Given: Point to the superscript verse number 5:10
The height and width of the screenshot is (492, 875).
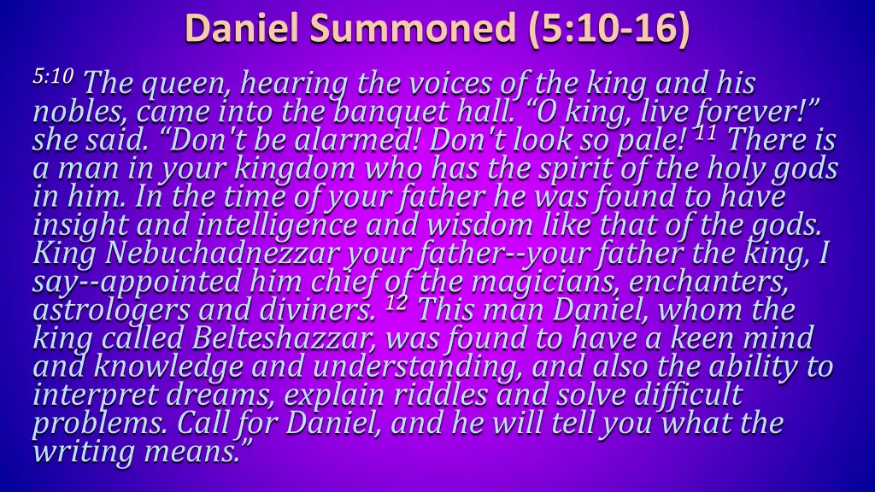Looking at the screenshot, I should coord(54,77).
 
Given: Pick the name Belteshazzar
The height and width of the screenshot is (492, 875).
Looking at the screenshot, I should coord(285,338).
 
